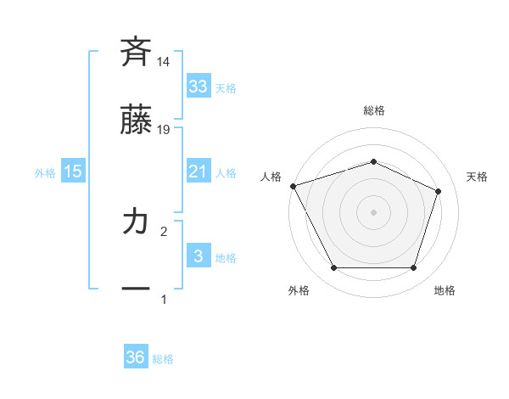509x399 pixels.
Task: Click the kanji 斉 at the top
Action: (x=136, y=53)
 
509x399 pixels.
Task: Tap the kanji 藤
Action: (x=136, y=121)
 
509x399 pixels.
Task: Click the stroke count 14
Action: (x=164, y=62)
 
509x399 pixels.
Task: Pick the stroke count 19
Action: (x=164, y=130)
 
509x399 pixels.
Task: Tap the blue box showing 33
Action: (x=198, y=87)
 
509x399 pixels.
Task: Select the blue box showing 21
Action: (x=198, y=171)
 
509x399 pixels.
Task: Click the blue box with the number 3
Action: (x=198, y=256)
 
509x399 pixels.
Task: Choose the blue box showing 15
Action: (x=73, y=171)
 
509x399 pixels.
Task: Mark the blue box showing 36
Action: (x=135, y=357)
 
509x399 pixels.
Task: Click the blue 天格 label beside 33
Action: (x=226, y=88)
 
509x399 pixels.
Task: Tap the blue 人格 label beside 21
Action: (x=226, y=173)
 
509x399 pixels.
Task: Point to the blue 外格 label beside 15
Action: (x=45, y=173)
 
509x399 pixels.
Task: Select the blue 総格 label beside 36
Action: (x=163, y=359)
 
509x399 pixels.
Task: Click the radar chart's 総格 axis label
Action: (x=373, y=110)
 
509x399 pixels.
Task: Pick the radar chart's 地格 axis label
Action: (x=445, y=290)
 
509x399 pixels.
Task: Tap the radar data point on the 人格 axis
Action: (x=293, y=186)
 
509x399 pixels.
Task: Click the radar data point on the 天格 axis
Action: (x=439, y=191)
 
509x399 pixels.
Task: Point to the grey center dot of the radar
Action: (x=373, y=212)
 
